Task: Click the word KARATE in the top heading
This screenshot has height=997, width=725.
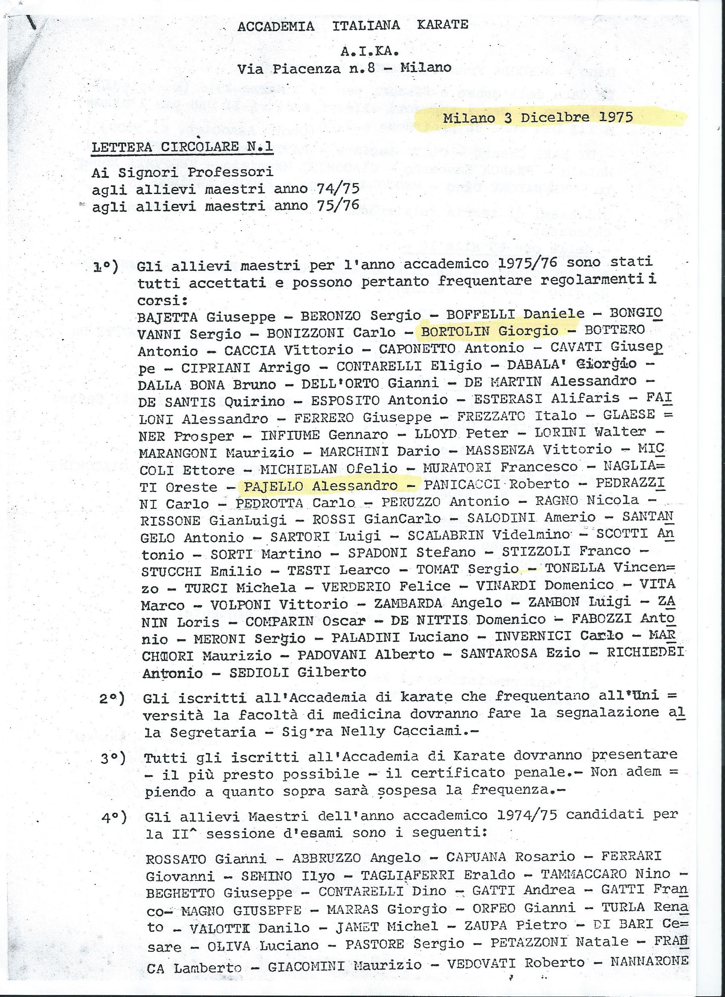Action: click(x=442, y=25)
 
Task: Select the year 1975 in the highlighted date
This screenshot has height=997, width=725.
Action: click(x=615, y=117)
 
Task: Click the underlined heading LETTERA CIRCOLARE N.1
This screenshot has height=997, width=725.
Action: click(x=182, y=147)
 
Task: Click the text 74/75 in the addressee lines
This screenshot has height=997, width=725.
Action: click(x=338, y=188)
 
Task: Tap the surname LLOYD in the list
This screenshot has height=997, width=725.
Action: click(x=436, y=433)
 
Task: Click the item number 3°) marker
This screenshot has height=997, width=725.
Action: click(x=113, y=758)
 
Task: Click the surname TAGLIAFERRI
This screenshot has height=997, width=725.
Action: click(x=408, y=875)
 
